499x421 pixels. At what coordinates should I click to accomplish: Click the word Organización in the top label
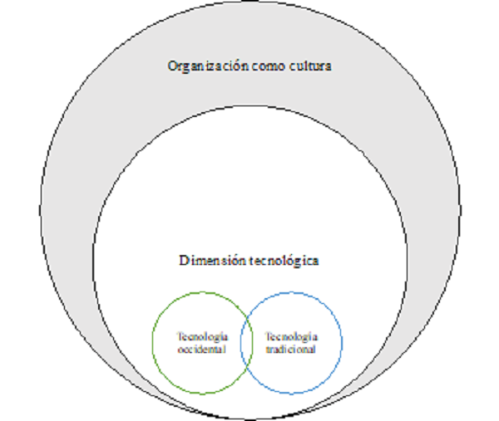[201, 67]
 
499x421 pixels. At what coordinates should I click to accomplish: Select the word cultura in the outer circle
[309, 67]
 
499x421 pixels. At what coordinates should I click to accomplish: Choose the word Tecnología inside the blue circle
[290, 336]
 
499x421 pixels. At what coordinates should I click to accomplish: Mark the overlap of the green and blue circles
[246, 342]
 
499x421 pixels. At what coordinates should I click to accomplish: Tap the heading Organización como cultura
[249, 67]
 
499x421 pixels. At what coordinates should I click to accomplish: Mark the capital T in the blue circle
[268, 336]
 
